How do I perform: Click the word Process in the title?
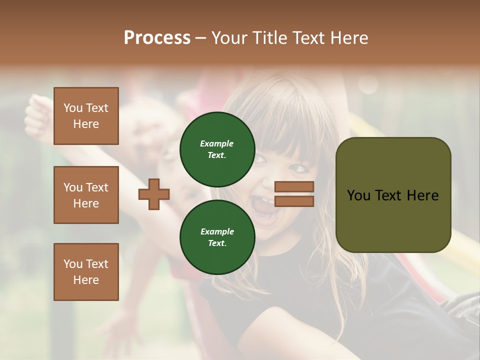[x=157, y=38]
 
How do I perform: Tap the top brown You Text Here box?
[x=86, y=116]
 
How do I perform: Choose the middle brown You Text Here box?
[x=86, y=195]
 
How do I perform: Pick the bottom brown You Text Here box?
[x=86, y=272]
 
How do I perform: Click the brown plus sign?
[x=154, y=194]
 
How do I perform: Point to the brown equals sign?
[x=294, y=194]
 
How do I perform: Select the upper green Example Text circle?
[x=217, y=149]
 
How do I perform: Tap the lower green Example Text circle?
[x=217, y=237]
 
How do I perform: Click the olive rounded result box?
[x=393, y=195]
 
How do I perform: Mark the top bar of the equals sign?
[x=294, y=187]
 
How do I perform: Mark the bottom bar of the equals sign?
[x=294, y=201]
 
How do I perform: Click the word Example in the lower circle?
[x=217, y=231]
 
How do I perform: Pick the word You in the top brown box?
[x=73, y=108]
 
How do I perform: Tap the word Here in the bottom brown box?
[x=86, y=280]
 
